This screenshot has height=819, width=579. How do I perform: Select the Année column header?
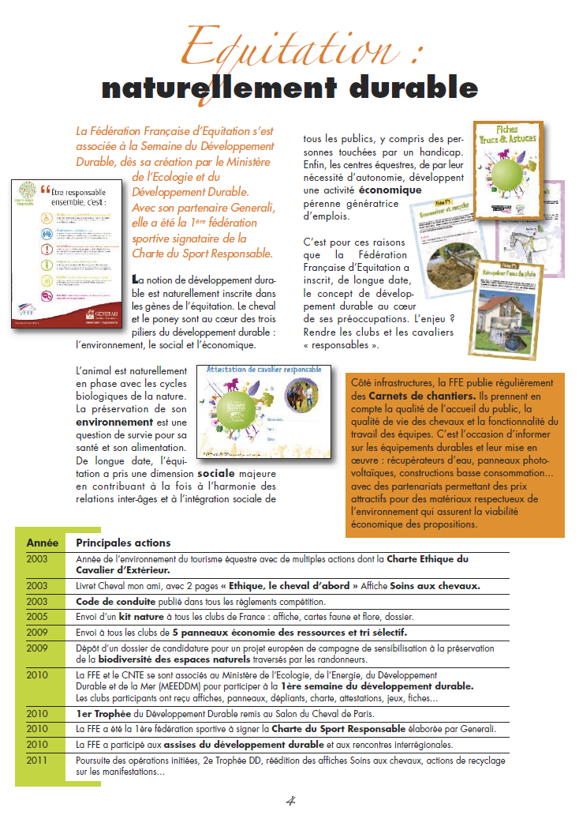pyautogui.click(x=42, y=543)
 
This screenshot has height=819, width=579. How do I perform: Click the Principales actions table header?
pyautogui.click(x=122, y=543)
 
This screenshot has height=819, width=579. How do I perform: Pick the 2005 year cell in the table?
pyautogui.click(x=37, y=616)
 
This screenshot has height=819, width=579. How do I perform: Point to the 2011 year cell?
pyautogui.click(x=37, y=760)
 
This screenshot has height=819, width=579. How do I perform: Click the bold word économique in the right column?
pyautogui.click(x=390, y=190)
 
